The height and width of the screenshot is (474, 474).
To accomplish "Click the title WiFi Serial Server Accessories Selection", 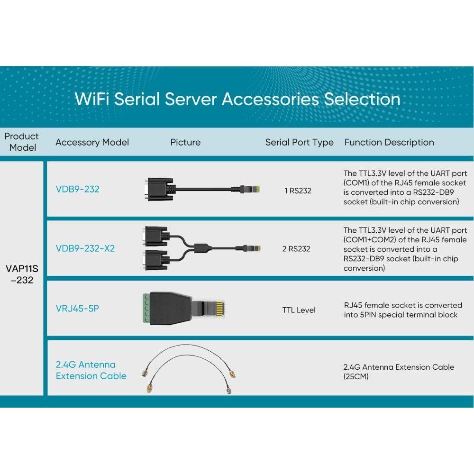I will [237, 99].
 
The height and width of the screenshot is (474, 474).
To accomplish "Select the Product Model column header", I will [22, 142].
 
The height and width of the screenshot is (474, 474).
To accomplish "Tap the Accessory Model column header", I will [92, 142].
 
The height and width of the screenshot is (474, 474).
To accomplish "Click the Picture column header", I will [185, 142].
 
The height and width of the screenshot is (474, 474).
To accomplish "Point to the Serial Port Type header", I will [299, 142].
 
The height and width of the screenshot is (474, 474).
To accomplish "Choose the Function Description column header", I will [389, 142].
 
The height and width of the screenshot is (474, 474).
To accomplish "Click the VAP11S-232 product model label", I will [22, 274].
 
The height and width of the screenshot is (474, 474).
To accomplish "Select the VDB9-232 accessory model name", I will [77, 189].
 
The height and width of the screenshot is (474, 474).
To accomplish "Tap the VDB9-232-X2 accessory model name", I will [85, 248].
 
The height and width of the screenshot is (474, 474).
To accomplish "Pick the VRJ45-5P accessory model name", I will [77, 309].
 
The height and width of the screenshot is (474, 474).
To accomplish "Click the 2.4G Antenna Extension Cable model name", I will [91, 370].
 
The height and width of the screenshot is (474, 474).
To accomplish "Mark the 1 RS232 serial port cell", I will [298, 191].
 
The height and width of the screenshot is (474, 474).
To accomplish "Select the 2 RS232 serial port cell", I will [296, 249].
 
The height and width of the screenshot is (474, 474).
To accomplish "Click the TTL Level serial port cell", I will [299, 310].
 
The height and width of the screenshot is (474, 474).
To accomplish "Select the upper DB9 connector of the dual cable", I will [155, 236].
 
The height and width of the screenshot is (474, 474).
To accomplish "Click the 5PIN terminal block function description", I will [403, 310].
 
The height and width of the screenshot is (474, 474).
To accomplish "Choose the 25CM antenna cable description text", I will [399, 372].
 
